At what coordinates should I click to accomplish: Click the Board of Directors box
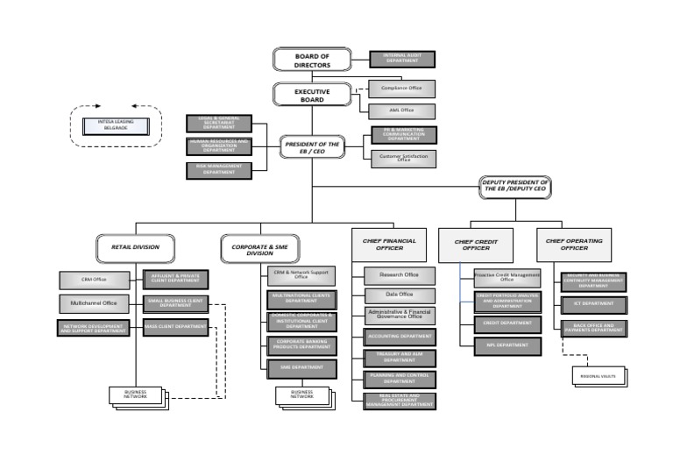tap(311, 59)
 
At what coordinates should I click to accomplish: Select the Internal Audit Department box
tap(402, 59)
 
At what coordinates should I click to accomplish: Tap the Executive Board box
tap(311, 95)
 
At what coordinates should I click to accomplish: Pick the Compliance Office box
tap(402, 89)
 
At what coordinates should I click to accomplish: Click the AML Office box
tap(402, 110)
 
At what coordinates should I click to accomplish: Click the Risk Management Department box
tap(218, 170)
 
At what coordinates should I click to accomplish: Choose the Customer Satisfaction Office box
tap(402, 159)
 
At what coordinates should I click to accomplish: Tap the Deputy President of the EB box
tap(514, 185)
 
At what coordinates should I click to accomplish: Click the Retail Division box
tap(135, 247)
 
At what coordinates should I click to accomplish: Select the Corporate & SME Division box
tap(260, 247)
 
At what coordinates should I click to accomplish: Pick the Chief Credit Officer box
tap(476, 245)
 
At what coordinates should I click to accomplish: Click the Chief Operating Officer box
tap(573, 245)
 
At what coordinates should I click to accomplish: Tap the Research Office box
tap(399, 275)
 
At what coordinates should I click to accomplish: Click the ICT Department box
tap(594, 304)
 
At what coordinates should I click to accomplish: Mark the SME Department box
tap(300, 369)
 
